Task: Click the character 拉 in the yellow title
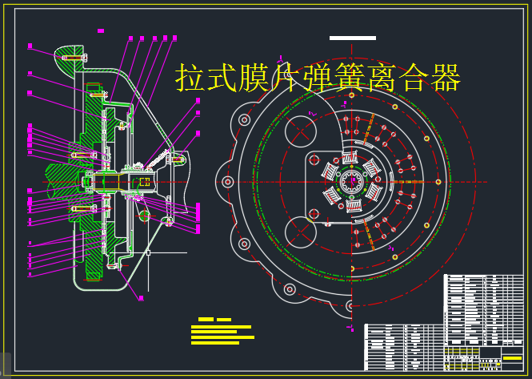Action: coord(190,79)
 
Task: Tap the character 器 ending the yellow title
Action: coord(445,79)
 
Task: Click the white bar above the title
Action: coord(352,38)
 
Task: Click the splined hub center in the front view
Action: coord(351,183)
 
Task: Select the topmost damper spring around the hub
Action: coord(351,157)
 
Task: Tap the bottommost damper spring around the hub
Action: coord(352,208)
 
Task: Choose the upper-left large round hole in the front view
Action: coord(301,131)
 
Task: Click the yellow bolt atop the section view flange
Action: coord(74,58)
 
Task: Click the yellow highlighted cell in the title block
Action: coord(512,358)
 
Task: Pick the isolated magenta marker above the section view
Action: coord(101,30)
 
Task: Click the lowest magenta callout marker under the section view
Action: coord(141,298)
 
